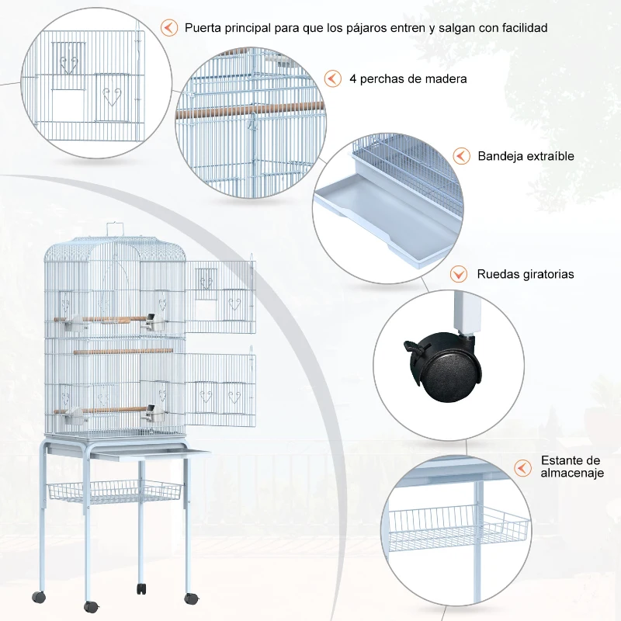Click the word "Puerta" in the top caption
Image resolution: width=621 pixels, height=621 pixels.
click(203, 28)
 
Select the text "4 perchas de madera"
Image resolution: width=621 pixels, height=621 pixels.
click(408, 79)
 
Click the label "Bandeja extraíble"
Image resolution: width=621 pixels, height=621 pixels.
click(526, 156)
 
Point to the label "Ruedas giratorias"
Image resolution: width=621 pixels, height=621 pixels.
click(526, 274)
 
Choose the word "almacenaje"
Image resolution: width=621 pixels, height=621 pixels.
click(571, 474)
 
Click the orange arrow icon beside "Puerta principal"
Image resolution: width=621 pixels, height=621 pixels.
click(168, 28)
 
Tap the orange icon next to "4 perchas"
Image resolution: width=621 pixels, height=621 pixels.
click(332, 79)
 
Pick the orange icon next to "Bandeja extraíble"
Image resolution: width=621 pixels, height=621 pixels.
click(462, 156)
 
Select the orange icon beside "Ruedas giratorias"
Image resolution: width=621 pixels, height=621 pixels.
click(460, 274)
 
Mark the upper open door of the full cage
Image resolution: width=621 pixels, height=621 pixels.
click(220, 291)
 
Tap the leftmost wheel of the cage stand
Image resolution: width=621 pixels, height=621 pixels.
click(39, 597)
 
